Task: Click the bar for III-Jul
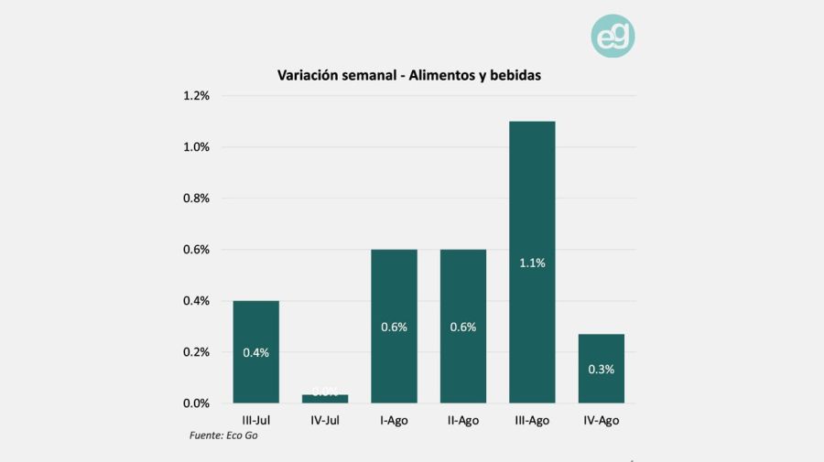coord(255,351)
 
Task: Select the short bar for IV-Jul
coord(325,398)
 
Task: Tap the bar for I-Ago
coord(394,326)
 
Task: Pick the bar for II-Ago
coord(462,326)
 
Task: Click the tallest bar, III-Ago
coord(532,262)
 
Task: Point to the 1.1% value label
coord(532,263)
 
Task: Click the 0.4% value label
coord(255,352)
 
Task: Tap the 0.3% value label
coord(601,370)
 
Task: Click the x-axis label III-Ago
coord(532,420)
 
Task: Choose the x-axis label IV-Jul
coord(325,420)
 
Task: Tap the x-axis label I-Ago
coord(394,420)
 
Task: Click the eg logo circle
coord(613,37)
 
